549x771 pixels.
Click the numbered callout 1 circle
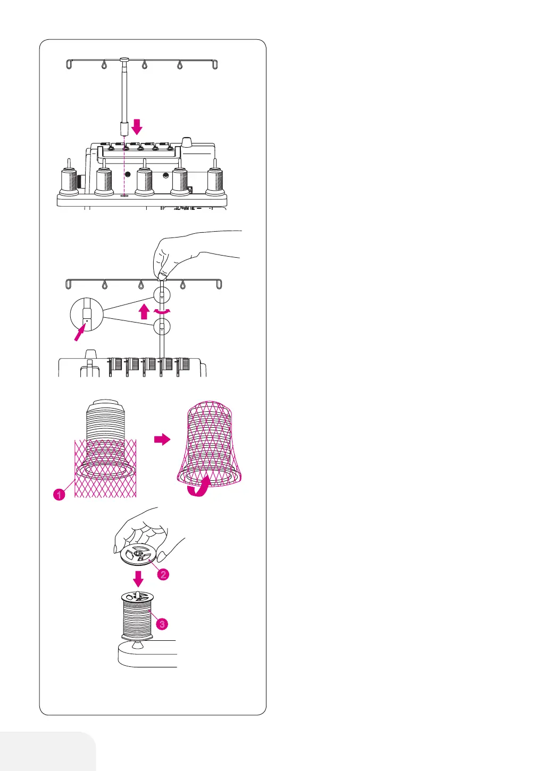pos(60,495)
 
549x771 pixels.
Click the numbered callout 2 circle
pos(163,574)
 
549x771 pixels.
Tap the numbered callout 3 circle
pos(162,624)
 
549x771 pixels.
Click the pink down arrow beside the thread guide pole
pos(137,126)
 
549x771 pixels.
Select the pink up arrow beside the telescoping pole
pos(144,311)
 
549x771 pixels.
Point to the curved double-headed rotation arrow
pos(162,311)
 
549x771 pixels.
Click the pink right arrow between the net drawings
pos(162,439)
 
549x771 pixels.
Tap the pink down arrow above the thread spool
pos(138,578)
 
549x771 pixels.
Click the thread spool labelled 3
pos(138,616)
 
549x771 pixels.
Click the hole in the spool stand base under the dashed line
pos(124,196)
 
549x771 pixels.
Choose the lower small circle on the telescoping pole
pos(162,327)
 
